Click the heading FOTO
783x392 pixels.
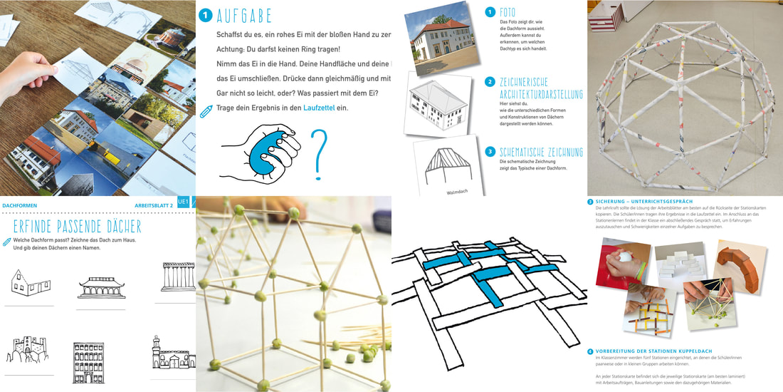(x=508, y=12)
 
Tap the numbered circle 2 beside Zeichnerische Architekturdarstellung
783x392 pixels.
(x=490, y=82)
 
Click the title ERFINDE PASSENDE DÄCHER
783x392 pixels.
(x=78, y=227)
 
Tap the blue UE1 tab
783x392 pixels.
(x=184, y=202)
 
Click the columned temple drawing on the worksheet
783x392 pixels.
(x=178, y=277)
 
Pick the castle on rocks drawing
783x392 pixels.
(x=26, y=351)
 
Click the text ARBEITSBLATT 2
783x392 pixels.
(x=154, y=205)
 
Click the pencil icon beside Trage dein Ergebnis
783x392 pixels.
(x=206, y=110)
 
